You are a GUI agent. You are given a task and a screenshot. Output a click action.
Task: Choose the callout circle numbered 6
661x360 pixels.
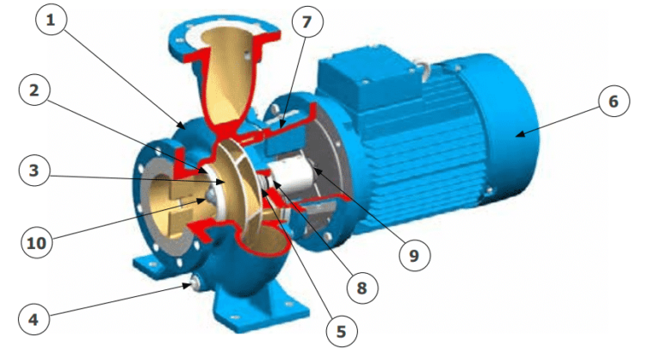click(x=612, y=102)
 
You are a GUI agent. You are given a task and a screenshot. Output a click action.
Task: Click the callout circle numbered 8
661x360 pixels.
click(x=361, y=288)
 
